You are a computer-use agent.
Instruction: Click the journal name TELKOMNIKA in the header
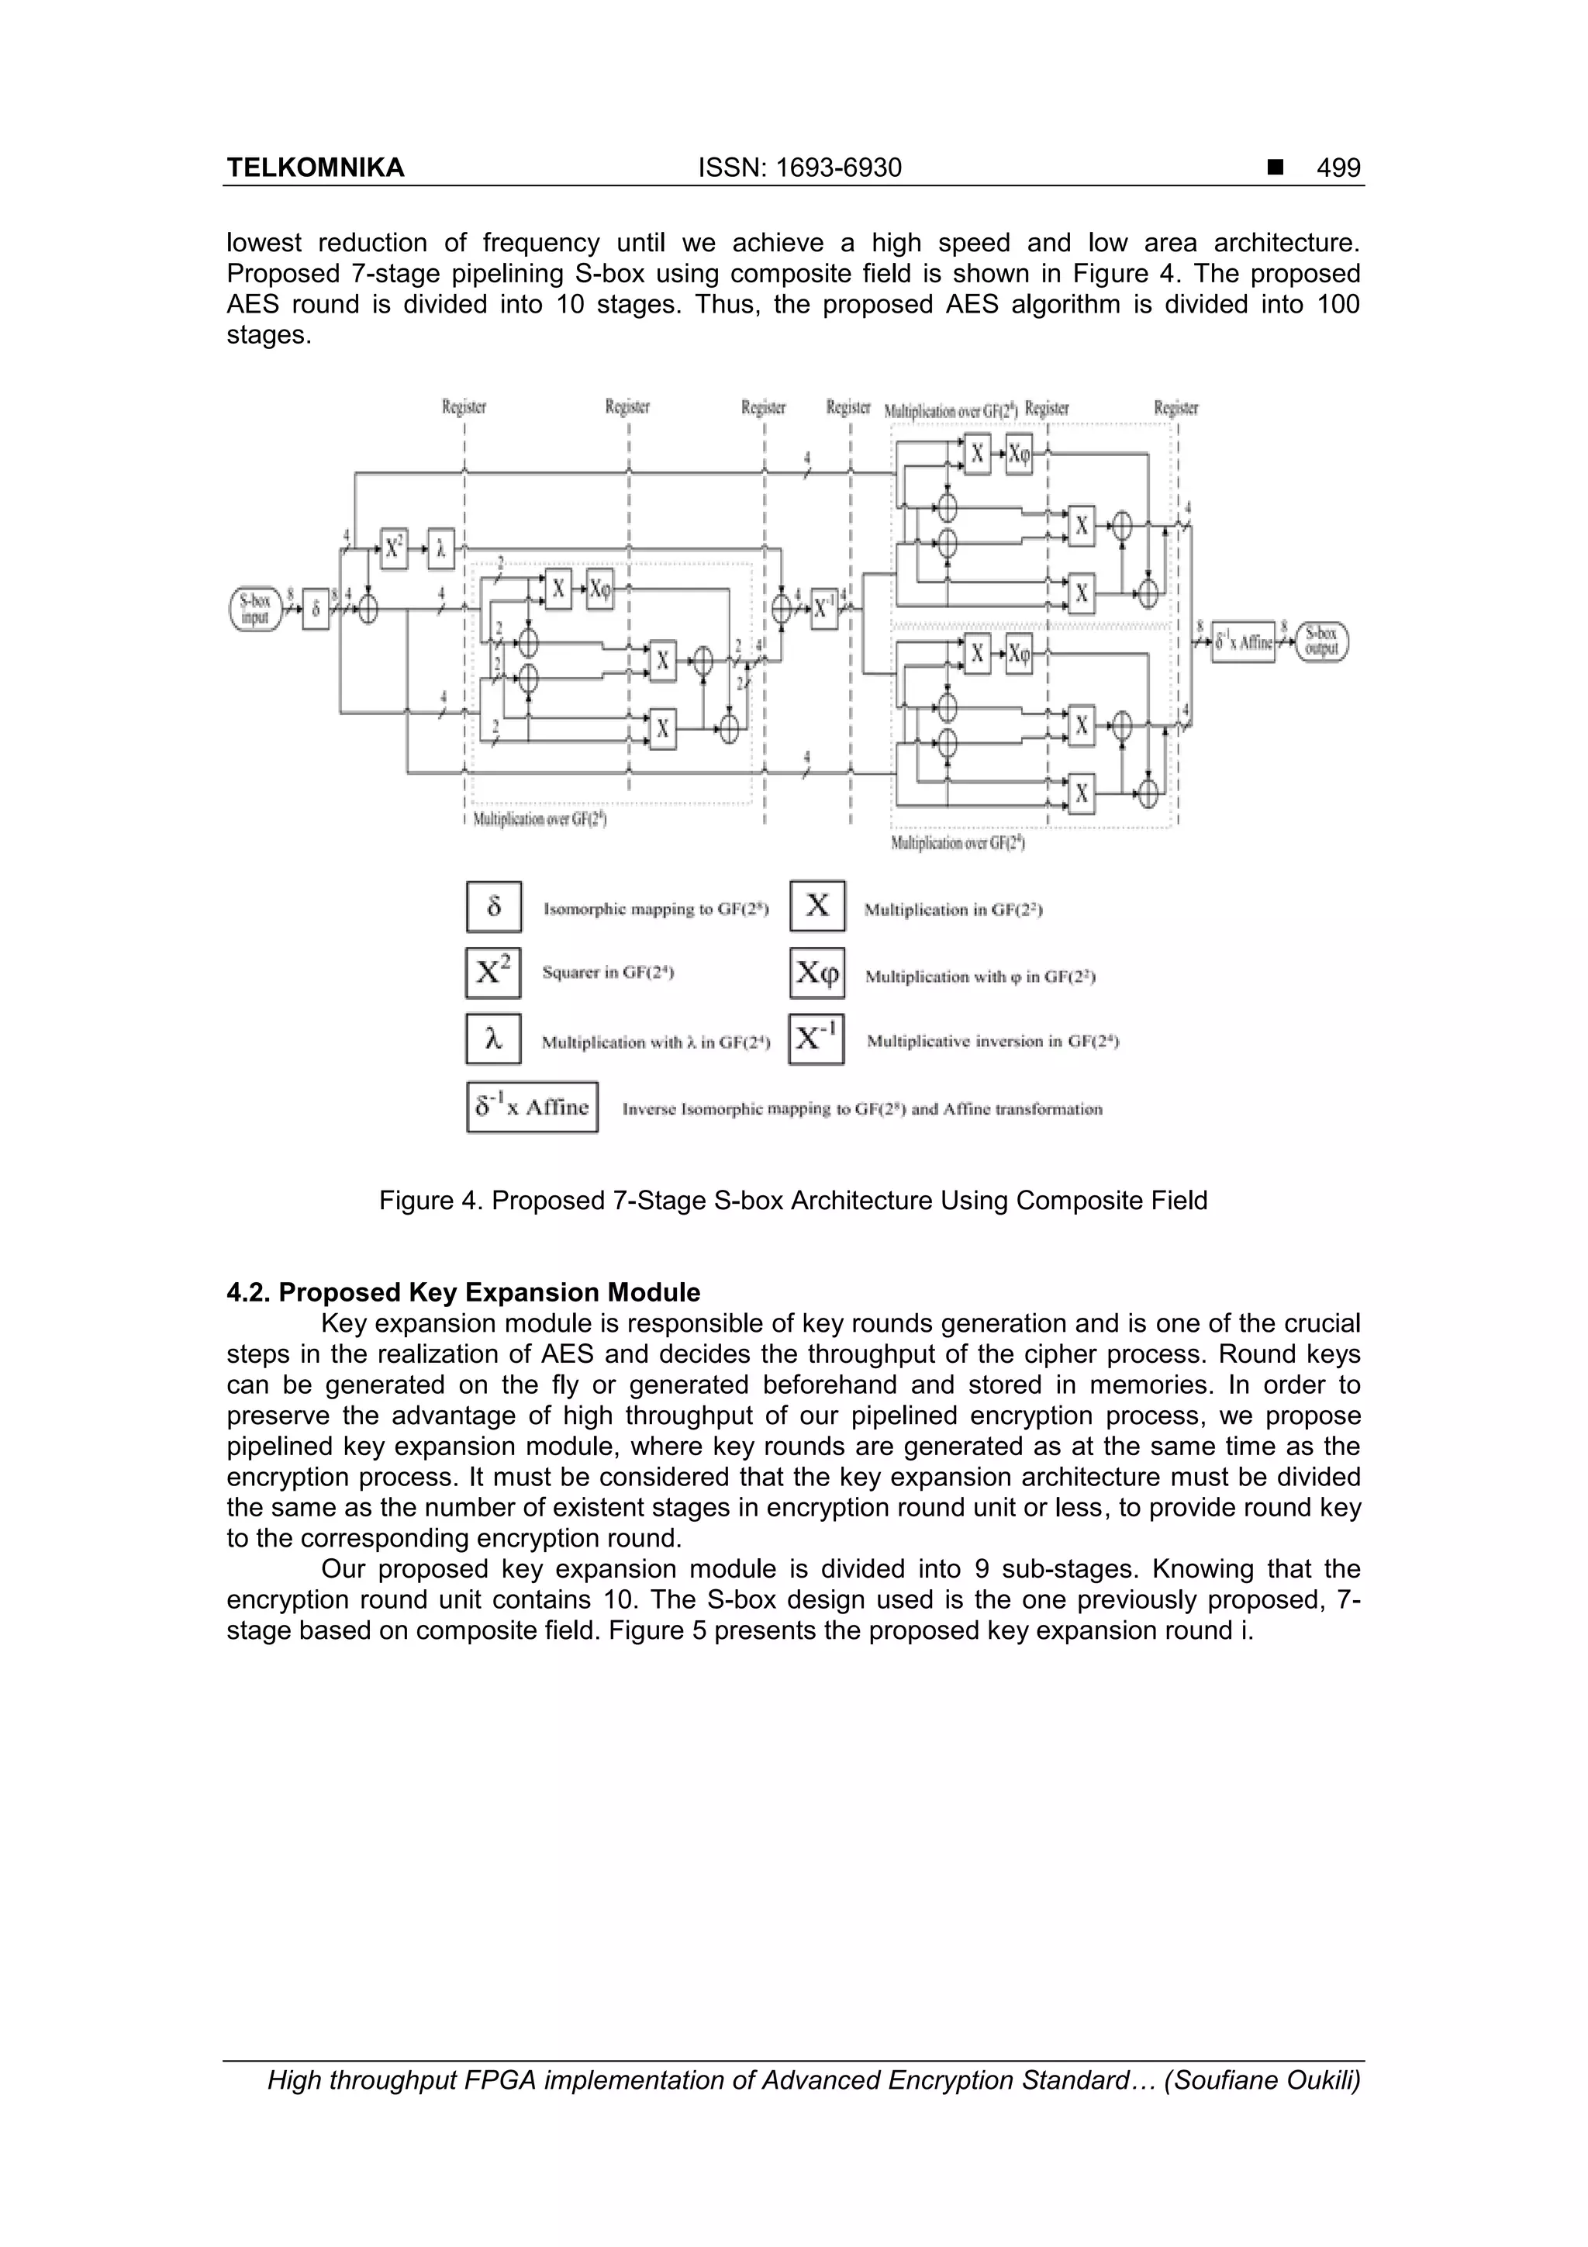point(315,168)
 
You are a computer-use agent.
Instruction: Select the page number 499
point(1338,168)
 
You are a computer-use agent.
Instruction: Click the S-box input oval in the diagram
point(254,610)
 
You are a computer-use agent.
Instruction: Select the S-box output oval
point(1322,642)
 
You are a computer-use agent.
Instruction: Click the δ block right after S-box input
point(315,610)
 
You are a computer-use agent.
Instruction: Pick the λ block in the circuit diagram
point(441,550)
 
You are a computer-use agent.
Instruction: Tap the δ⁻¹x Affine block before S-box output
point(1243,642)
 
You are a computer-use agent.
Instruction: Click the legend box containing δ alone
point(494,907)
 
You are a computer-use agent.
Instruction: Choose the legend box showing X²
point(493,973)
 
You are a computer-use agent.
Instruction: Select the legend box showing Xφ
point(817,973)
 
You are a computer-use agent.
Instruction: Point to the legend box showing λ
point(493,1039)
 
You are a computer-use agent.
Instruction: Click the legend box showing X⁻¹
point(816,1039)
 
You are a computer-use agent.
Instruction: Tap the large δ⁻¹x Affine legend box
point(532,1107)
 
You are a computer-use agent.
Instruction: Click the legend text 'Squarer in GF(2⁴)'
point(608,973)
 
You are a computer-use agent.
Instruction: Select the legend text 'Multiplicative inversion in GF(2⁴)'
point(992,1042)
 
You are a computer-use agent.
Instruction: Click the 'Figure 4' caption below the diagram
point(792,1201)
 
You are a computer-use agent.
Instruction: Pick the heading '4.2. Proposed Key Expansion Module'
point(464,1293)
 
